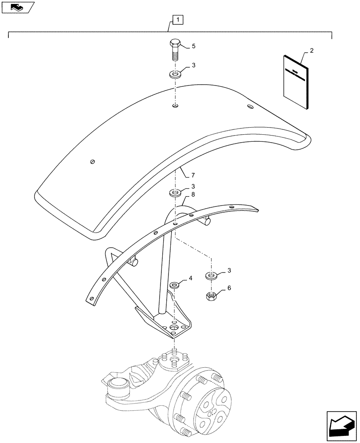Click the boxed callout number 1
point(177,20)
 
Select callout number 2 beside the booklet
point(312,51)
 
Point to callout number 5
point(193,46)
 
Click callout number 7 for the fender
point(193,176)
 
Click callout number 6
point(229,288)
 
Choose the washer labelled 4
point(175,284)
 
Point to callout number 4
point(190,278)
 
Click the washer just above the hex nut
point(211,276)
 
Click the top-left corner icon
point(17,7)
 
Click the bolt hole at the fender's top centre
point(176,106)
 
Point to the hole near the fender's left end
point(92,162)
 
